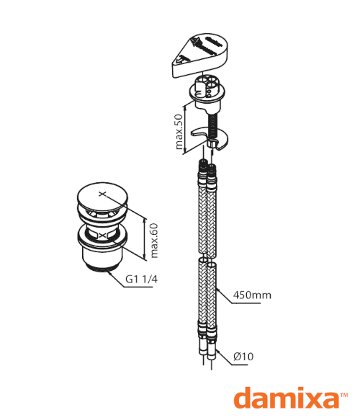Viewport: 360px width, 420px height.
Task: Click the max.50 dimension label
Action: pyautogui.click(x=179, y=132)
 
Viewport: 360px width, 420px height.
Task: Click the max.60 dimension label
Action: pyautogui.click(x=154, y=241)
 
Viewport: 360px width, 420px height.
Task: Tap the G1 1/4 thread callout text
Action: pyautogui.click(x=142, y=280)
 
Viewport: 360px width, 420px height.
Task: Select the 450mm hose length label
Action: pyautogui.click(x=252, y=295)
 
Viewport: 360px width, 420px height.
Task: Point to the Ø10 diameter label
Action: pyautogui.click(x=243, y=357)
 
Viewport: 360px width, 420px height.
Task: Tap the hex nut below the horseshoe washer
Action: pyautogui.click(x=212, y=143)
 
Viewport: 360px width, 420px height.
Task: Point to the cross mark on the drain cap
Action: pyautogui.click(x=102, y=194)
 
